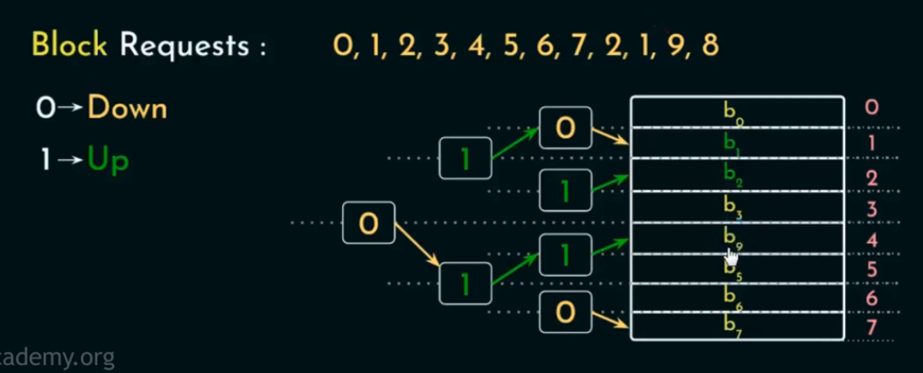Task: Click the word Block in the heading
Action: pyautogui.click(x=69, y=45)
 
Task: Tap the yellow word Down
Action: pyautogui.click(x=128, y=109)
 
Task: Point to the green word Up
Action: pyautogui.click(x=108, y=161)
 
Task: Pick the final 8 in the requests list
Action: pyautogui.click(x=710, y=45)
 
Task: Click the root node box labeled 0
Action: pyautogui.click(x=369, y=224)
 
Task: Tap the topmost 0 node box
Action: pyautogui.click(x=565, y=128)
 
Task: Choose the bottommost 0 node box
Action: pyautogui.click(x=565, y=311)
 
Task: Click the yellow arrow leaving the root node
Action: pyautogui.click(x=416, y=244)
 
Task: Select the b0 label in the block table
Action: pyautogui.click(x=731, y=111)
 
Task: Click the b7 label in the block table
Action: pyautogui.click(x=731, y=327)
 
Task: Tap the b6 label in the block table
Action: pyautogui.click(x=731, y=297)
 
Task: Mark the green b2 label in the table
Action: pyautogui.click(x=731, y=173)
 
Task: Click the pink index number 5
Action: pyautogui.click(x=871, y=269)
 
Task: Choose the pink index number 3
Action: pyautogui.click(x=871, y=209)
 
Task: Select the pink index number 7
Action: pyautogui.click(x=871, y=328)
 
